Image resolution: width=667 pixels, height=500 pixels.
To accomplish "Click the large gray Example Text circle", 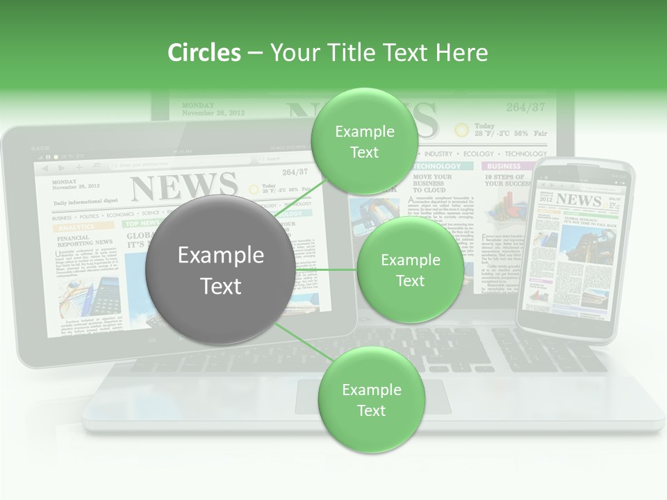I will click(220, 270).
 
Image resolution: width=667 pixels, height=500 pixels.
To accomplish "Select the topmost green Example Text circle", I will click(363, 142).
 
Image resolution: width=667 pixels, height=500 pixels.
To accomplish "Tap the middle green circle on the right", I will click(410, 270).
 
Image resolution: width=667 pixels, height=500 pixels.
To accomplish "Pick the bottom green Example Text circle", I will click(371, 400).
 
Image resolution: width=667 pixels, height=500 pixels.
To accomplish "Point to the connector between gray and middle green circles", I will click(327, 269).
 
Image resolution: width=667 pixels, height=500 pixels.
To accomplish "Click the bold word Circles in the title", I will click(204, 53).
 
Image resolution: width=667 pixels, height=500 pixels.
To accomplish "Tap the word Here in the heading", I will click(461, 53).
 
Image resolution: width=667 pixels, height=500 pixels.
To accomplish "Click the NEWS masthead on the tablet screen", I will click(184, 186).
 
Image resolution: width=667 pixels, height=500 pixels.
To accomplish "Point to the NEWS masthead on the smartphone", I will click(578, 200).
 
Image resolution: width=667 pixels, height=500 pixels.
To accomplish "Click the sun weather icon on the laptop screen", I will click(461, 130).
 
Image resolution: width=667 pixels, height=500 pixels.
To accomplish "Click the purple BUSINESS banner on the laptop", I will click(504, 167).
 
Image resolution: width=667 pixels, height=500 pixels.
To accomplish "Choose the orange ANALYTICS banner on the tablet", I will click(76, 226).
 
